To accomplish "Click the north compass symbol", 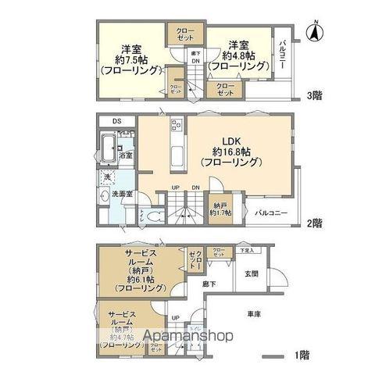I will click(x=313, y=32).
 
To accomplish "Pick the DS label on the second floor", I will click(x=116, y=121).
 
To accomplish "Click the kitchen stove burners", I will click(x=175, y=124).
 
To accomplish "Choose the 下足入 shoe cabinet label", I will click(x=248, y=250).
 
